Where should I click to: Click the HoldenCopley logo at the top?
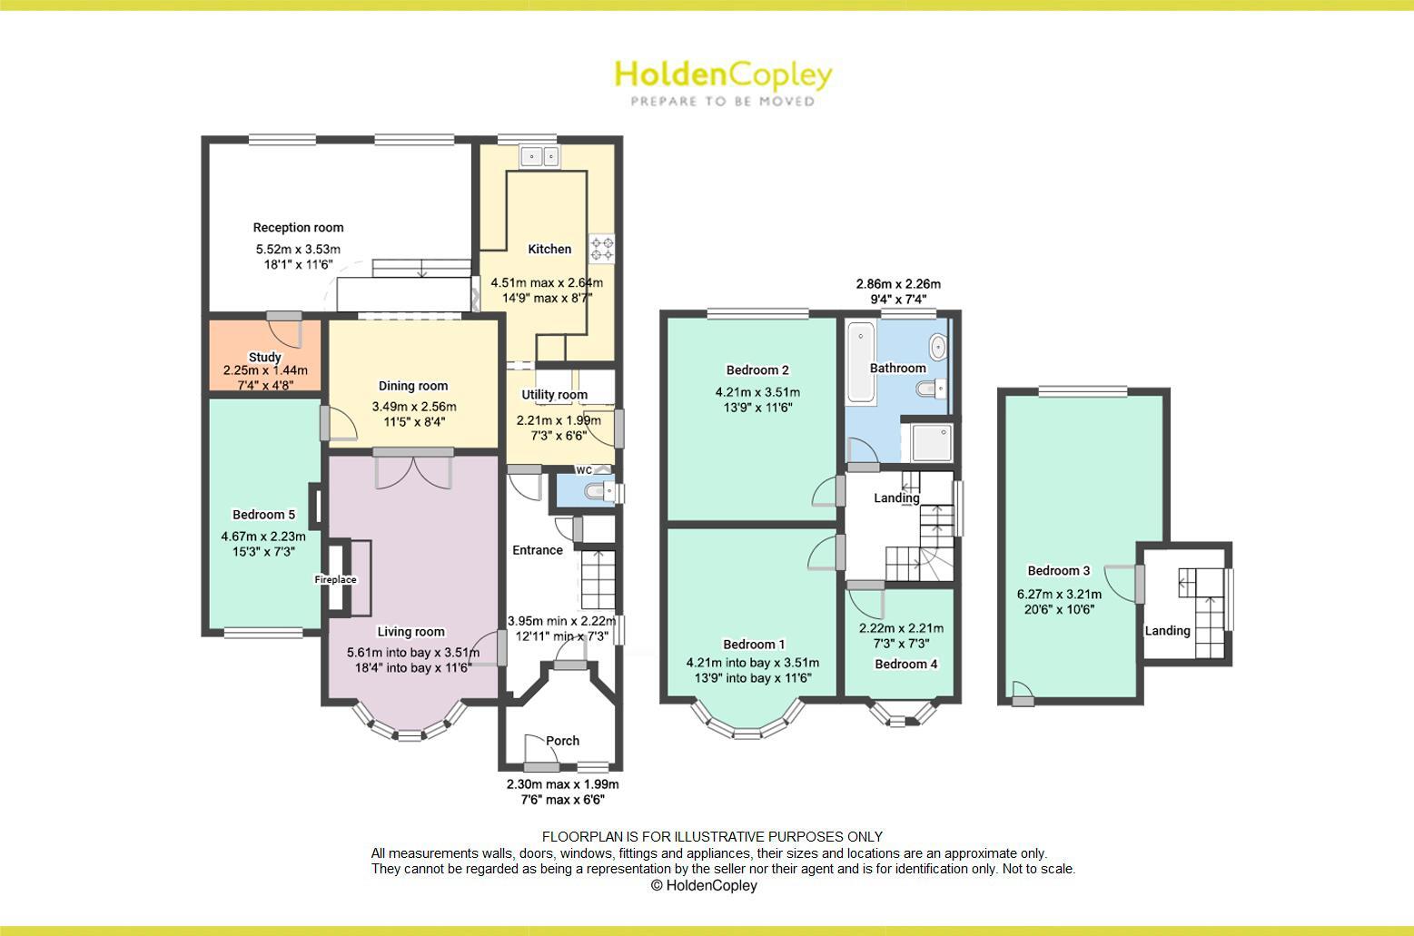click(x=723, y=82)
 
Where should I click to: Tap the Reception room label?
click(x=298, y=228)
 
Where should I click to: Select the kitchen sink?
click(x=540, y=156)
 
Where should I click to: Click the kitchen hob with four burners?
click(x=601, y=248)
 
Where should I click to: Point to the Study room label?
click(x=264, y=357)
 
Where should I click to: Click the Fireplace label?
click(x=336, y=579)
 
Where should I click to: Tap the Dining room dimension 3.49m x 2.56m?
click(x=414, y=407)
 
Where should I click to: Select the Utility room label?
click(x=554, y=395)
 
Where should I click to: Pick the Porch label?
click(x=562, y=741)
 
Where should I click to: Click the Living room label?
click(x=410, y=632)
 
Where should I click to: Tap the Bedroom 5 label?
click(x=263, y=515)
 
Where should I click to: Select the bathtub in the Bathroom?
click(x=859, y=364)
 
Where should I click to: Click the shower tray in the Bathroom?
click(x=926, y=444)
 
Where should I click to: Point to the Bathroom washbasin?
click(x=938, y=346)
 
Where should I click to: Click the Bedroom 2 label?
click(x=757, y=369)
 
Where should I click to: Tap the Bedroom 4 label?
click(x=906, y=664)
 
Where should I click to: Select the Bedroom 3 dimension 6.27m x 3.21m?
click(x=1059, y=595)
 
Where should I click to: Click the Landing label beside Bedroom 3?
click(x=1167, y=630)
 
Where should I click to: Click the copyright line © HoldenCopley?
click(x=704, y=885)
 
